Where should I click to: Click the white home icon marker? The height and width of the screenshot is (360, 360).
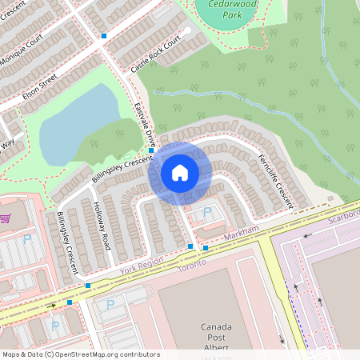[x=180, y=173]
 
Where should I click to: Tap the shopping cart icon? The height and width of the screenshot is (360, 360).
[x=5, y=218]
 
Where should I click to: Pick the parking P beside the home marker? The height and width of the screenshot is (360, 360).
[x=208, y=213]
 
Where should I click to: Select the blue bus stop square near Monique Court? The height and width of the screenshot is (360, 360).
[x=104, y=36]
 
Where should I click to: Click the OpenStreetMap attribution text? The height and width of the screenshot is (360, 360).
[x=80, y=354]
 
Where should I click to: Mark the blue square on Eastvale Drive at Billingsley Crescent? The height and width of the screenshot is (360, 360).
[x=151, y=150]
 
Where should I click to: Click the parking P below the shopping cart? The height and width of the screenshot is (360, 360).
[x=27, y=239]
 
